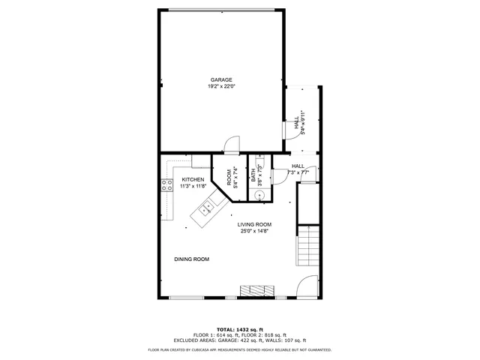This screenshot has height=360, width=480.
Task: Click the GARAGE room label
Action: pos(220,79)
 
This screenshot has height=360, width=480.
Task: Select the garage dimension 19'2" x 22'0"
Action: pos(220,86)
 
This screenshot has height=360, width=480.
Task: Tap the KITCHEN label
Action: pos(193,180)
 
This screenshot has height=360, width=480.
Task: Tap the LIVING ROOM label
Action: pos(254,224)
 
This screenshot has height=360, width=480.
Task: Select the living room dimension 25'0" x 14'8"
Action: pos(254,231)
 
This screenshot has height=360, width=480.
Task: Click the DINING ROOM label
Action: pos(191,259)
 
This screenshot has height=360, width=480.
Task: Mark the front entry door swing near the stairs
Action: pos(307,286)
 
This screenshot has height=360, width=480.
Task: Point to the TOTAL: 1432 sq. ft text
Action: pos(239,329)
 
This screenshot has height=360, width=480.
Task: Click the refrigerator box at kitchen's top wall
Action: pos(200,160)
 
